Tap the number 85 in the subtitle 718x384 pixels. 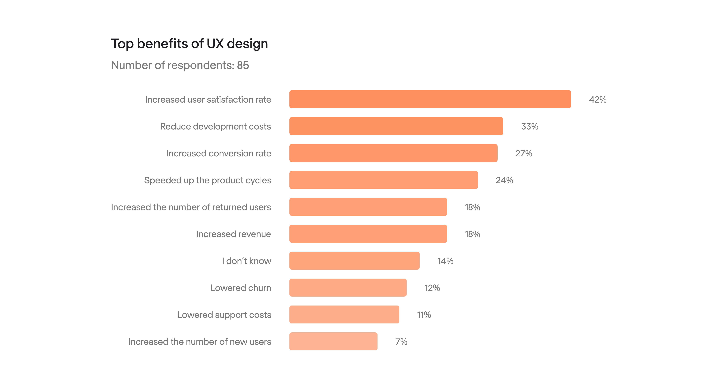(x=243, y=65)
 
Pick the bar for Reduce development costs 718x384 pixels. (x=396, y=126)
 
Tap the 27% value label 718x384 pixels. (x=524, y=153)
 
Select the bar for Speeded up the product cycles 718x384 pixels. (x=384, y=180)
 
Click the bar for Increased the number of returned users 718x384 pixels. (x=368, y=207)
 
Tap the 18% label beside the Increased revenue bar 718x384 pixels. (x=472, y=234)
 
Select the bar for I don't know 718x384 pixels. (x=354, y=261)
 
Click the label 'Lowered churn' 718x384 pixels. (x=241, y=288)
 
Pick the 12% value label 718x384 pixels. (x=432, y=288)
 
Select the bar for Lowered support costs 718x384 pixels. (x=344, y=314)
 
